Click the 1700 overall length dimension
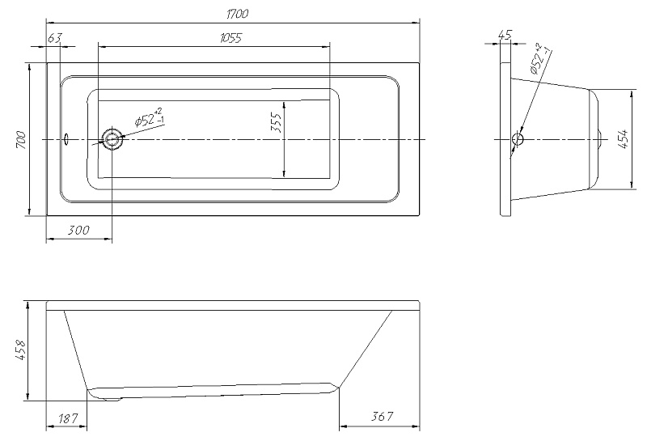237,14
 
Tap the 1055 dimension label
230,38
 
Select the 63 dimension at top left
54,37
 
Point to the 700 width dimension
21,139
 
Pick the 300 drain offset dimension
78,230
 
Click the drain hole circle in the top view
112,139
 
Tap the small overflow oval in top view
66,139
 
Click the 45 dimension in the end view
505,35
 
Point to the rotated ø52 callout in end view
540,57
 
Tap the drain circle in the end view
518,138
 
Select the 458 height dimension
21,350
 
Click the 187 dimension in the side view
68,418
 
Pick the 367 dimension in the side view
382,416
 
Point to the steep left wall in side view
76,350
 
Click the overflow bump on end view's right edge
601,139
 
